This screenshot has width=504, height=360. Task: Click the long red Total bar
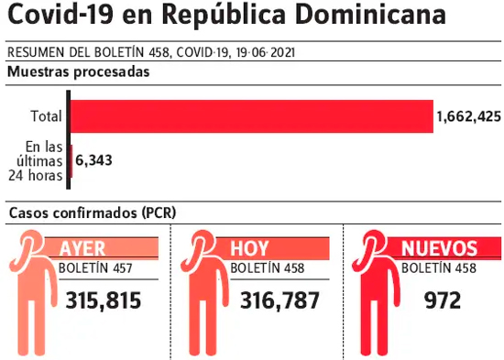click(x=252, y=116)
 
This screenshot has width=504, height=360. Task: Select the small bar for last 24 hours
click(x=71, y=161)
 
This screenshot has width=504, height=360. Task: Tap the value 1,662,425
click(x=468, y=116)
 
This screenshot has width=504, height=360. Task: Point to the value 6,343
click(x=93, y=160)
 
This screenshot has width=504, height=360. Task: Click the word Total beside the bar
click(x=47, y=116)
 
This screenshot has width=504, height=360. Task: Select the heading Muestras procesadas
click(x=79, y=71)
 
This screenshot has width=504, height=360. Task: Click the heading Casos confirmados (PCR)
click(x=93, y=213)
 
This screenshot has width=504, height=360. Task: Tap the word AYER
click(x=82, y=248)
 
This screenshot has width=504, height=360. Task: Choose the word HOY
click(x=249, y=248)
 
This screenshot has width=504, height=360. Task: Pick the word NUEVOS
click(x=439, y=248)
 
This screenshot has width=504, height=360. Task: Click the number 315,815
click(x=104, y=300)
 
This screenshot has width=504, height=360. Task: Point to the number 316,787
click(x=279, y=300)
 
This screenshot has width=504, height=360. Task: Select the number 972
click(x=443, y=300)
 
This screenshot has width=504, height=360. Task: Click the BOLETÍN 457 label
click(x=95, y=267)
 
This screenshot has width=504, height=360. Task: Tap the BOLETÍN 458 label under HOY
click(x=267, y=267)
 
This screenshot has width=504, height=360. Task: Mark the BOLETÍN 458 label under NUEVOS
click(x=439, y=267)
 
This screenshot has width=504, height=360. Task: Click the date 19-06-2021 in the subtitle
click(x=265, y=53)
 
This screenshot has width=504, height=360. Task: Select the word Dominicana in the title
click(x=370, y=14)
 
